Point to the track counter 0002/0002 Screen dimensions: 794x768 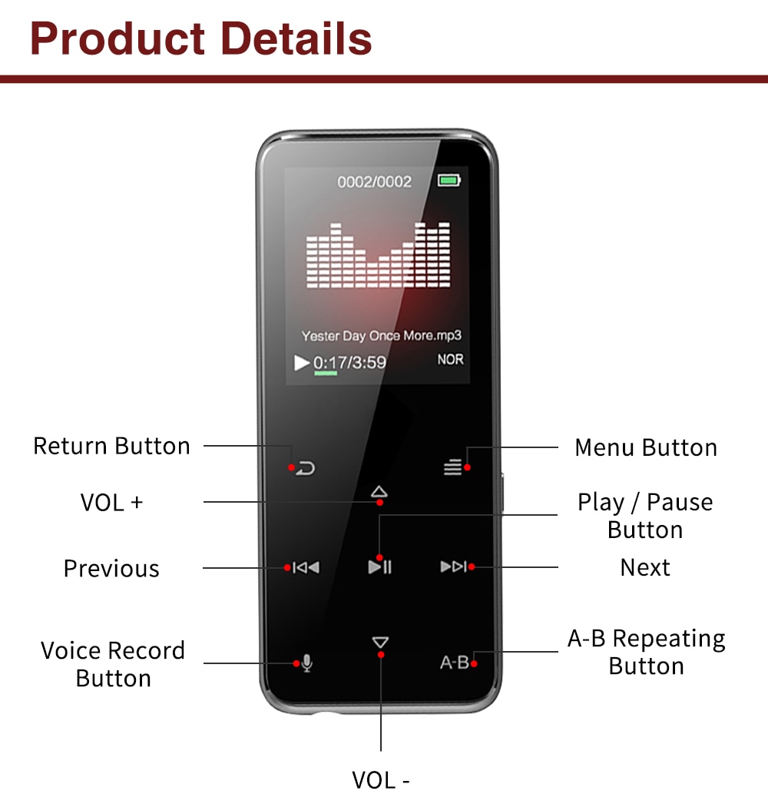click(375, 182)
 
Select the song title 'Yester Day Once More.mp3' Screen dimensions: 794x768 click(381, 336)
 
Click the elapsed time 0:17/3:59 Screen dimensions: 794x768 click(349, 362)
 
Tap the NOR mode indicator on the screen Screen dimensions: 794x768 click(451, 359)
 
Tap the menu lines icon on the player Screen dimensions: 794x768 click(453, 467)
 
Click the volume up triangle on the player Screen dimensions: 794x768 click(379, 491)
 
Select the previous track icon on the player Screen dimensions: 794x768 click(306, 567)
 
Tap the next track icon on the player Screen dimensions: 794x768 click(453, 567)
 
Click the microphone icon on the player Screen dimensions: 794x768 click(306, 663)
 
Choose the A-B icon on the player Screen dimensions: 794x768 click(454, 662)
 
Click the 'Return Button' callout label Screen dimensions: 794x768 click(111, 446)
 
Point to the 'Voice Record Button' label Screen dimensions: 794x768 click(113, 664)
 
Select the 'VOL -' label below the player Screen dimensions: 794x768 click(381, 779)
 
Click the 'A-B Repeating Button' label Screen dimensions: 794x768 click(646, 652)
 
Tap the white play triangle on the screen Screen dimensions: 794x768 click(302, 362)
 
